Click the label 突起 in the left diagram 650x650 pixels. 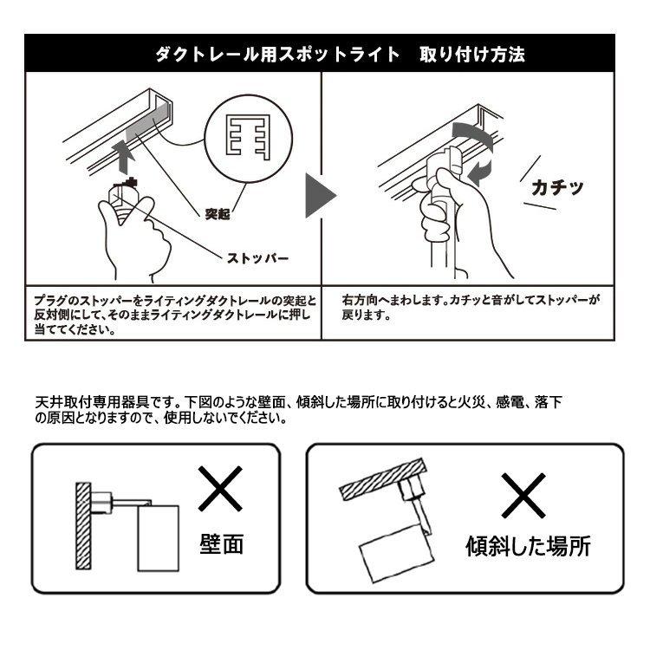pyautogui.click(x=218, y=214)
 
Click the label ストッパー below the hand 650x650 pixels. pyautogui.click(x=257, y=258)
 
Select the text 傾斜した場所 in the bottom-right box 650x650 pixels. pyautogui.click(x=528, y=547)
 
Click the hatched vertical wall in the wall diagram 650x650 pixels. pyautogui.click(x=81, y=525)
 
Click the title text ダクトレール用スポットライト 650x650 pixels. pyautogui.click(x=276, y=54)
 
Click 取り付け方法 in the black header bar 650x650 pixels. pyautogui.click(x=471, y=54)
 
